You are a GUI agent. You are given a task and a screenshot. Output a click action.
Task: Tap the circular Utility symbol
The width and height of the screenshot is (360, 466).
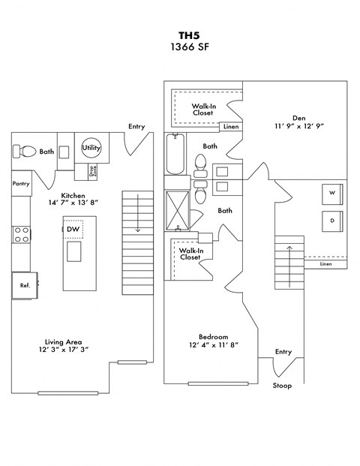pos(91,148)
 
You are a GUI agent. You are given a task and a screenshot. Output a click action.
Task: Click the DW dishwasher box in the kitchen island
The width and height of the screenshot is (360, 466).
pos(73,229)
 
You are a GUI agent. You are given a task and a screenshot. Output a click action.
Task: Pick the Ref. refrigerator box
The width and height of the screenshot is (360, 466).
pos(25,284)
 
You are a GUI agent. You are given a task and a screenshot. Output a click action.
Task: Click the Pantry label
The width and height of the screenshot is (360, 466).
pos(21,182)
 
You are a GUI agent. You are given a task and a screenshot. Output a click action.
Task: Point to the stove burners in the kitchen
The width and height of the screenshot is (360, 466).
pos(20,236)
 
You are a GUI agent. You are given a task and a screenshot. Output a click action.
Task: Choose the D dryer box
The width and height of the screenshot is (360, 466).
pos(331,221)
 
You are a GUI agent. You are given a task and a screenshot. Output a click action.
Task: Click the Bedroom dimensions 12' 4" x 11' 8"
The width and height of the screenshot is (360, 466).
pos(213,347)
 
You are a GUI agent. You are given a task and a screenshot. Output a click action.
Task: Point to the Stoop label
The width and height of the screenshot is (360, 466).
pos(283,386)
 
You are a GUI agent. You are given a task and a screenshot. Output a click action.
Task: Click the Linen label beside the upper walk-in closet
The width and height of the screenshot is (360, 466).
pos(231,128)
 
